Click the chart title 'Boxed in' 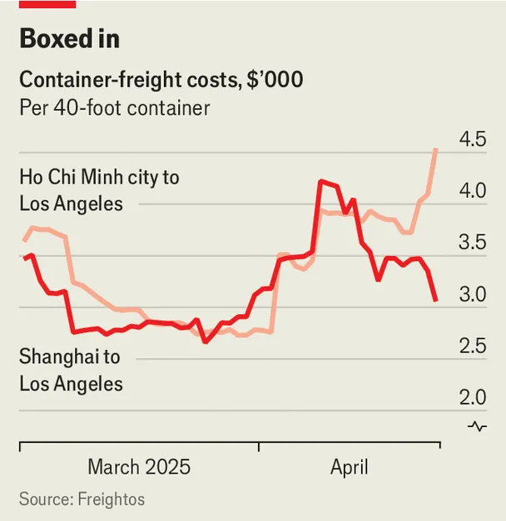69,39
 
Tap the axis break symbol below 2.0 477,426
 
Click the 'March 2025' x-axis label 139,467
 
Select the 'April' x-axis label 349,467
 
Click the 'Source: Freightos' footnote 82,499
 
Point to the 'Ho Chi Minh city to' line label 99,177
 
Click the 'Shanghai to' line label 69,357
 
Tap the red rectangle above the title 47,4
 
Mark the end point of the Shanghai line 436,300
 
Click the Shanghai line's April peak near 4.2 320,180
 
